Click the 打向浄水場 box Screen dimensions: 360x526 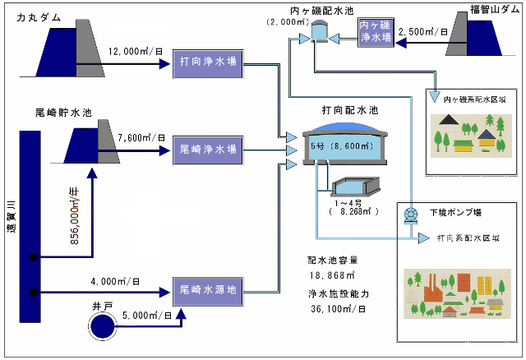point(207,64)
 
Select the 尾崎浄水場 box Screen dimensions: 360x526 point(207,150)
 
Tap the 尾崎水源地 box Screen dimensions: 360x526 point(207,289)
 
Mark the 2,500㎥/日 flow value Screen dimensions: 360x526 point(422,32)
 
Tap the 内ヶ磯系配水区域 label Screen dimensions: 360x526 point(468,99)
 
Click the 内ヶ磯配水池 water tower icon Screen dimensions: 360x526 point(319,31)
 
